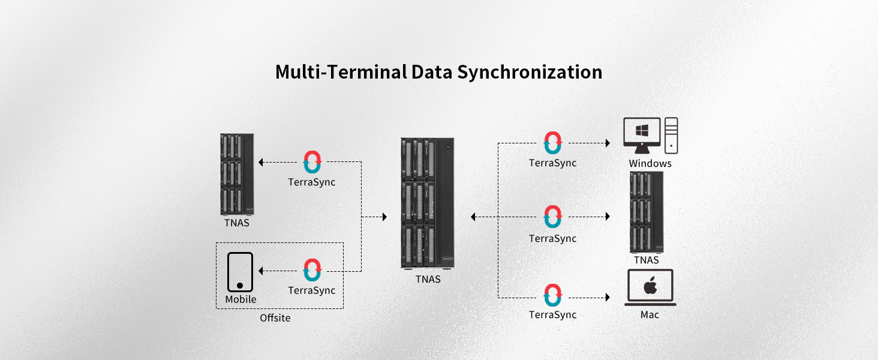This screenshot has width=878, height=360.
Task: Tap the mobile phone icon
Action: pos(240,272)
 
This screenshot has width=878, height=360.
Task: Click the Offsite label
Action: pos(275,318)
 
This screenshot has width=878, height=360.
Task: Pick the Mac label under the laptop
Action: pos(650,315)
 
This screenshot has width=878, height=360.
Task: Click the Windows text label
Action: pos(650,163)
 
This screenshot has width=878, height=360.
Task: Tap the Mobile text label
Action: pos(240,299)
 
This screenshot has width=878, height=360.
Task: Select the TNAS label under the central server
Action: pos(428,279)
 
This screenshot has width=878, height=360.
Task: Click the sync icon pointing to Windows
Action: pos(552,143)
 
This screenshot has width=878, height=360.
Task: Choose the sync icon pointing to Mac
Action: pos(552,296)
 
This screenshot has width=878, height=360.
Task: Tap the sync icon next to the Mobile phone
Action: pos(312,271)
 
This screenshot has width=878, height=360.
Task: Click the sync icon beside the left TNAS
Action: pos(312,162)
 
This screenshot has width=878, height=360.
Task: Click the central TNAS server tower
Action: pos(428,203)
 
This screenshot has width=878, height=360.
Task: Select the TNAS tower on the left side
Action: pos(237,174)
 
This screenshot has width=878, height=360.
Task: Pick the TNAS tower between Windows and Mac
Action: pos(647,212)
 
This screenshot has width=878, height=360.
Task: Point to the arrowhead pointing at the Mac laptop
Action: pos(608,296)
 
